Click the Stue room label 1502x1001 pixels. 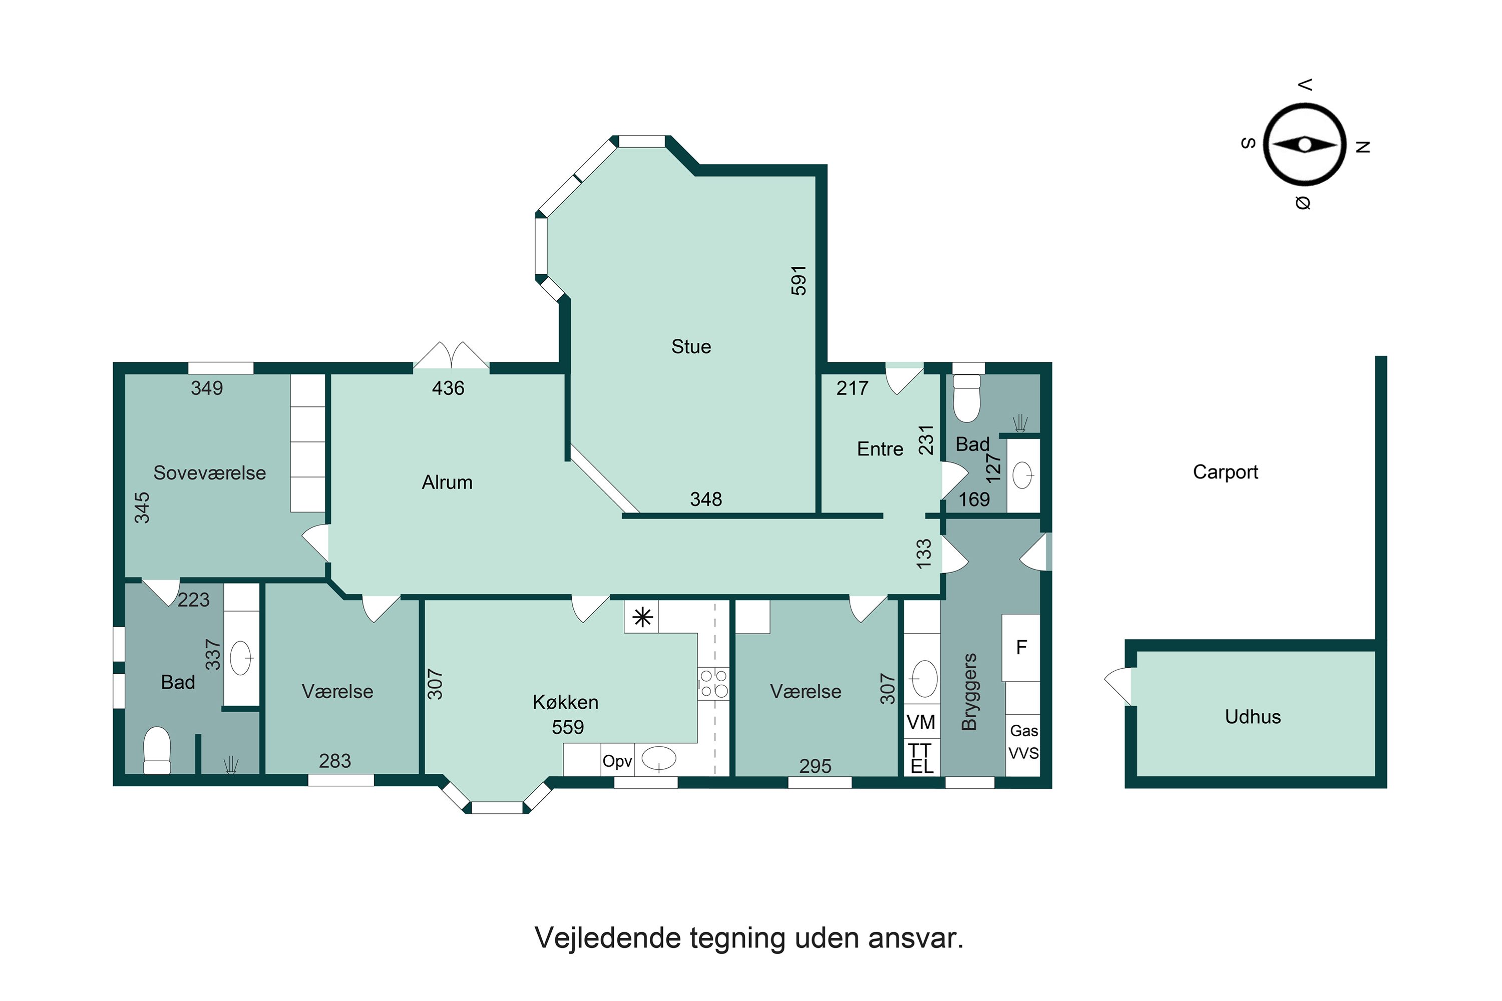691,347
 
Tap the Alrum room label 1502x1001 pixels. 447,482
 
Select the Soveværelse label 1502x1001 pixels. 209,473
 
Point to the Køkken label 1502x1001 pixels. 565,702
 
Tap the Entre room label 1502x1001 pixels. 880,449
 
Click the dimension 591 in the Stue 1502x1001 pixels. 799,280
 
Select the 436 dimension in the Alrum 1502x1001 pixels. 448,388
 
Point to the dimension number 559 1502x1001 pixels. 568,727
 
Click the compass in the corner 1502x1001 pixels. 1305,145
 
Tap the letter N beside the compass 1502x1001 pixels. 1363,147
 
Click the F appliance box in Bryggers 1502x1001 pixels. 1021,647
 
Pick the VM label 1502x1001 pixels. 921,722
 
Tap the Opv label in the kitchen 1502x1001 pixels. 617,761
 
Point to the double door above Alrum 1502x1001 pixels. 452,356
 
